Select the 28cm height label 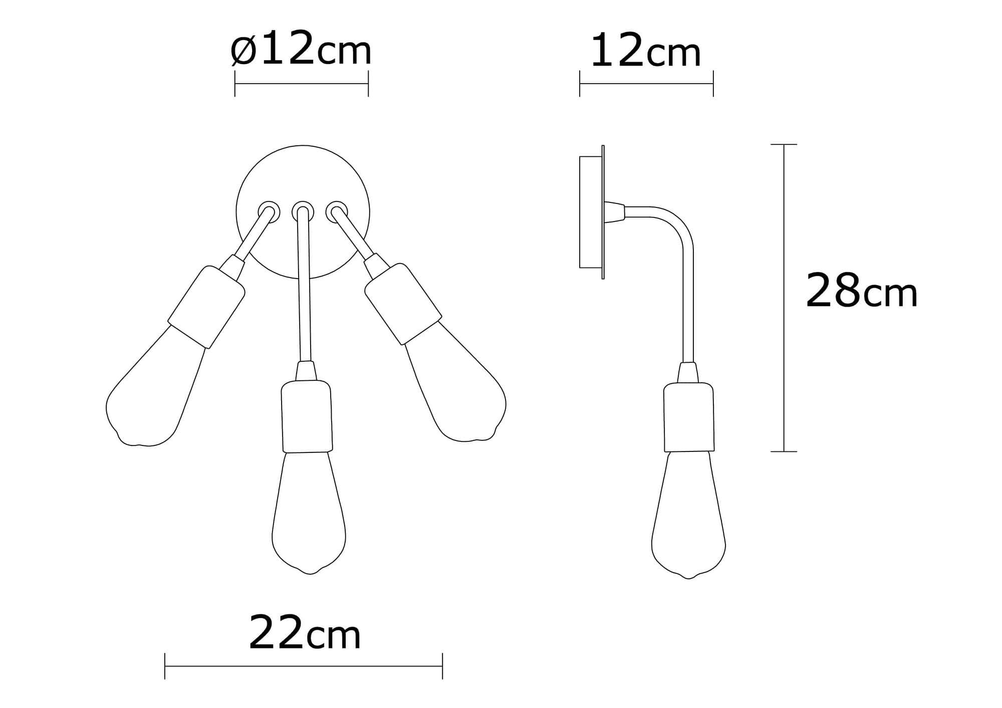pos(861,291)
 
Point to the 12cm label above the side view pos(645,52)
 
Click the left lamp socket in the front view pos(206,307)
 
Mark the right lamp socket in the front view pos(403,304)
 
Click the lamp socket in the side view pos(688,417)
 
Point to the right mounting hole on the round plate pos(336,211)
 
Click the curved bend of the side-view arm pos(679,228)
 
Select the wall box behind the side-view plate pos(590,212)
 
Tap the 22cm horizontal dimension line pos(304,666)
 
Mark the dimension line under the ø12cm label pos(302,84)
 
